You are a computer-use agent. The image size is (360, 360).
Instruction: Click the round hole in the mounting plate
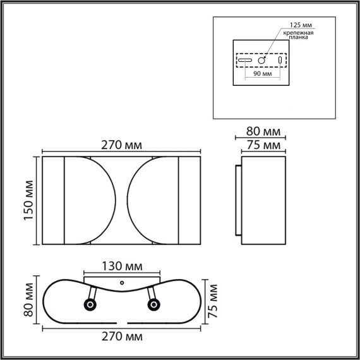coord(261,60)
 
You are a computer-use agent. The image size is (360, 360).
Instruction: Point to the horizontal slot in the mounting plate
coord(246,61)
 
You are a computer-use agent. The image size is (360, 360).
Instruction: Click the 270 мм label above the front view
coord(121,145)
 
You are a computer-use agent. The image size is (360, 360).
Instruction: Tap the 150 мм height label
coord(27,200)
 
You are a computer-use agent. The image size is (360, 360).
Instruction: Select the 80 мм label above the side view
coord(262,131)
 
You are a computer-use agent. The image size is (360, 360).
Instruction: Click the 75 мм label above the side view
coord(262,145)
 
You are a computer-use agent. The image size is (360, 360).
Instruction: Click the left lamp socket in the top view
coord(90,306)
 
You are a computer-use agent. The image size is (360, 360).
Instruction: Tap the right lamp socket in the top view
coord(153,306)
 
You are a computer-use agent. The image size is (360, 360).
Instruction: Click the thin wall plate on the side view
coord(238,201)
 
